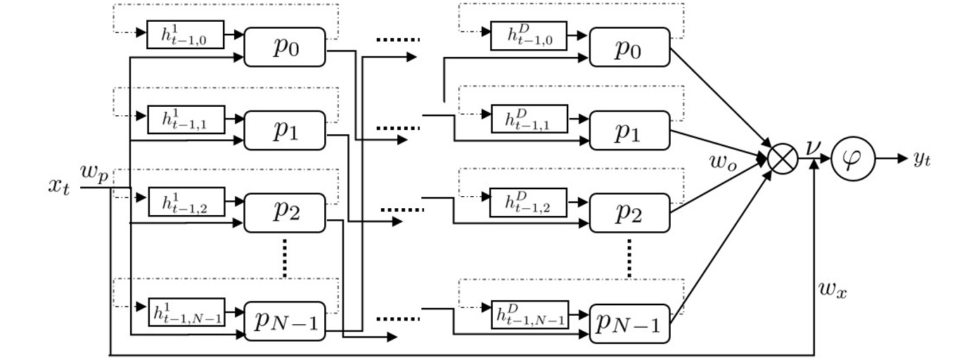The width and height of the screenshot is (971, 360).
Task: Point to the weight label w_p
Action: (94, 176)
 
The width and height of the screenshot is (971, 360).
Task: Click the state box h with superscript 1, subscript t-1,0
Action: (185, 34)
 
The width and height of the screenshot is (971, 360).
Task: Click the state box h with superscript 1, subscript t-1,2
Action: (186, 202)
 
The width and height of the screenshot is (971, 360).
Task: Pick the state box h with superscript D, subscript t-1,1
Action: (529, 119)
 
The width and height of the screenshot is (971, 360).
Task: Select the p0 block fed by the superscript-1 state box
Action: (285, 47)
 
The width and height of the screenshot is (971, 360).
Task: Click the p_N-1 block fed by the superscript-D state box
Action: (630, 323)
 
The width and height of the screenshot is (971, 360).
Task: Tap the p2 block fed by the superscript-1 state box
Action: (285, 212)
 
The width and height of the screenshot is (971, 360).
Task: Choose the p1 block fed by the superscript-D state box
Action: (630, 130)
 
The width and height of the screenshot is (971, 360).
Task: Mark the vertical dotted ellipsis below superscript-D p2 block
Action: (629, 257)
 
